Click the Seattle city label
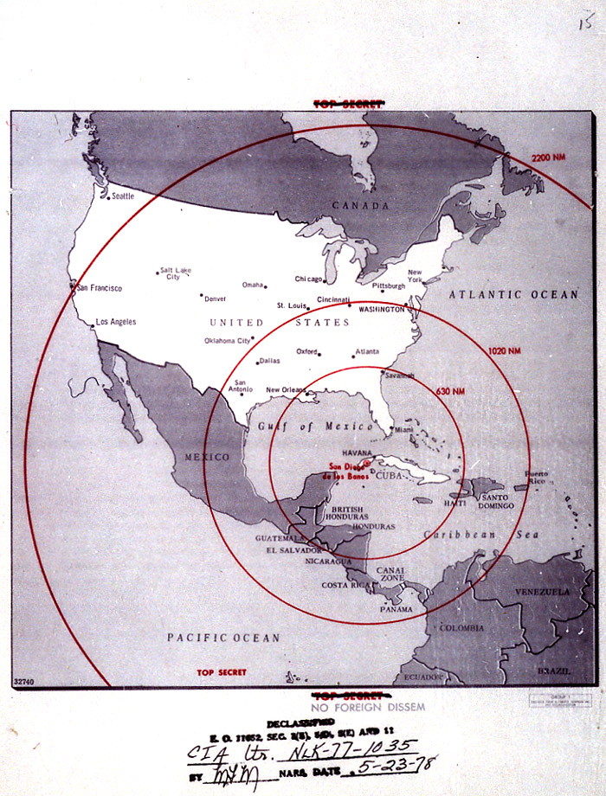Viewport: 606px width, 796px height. [123, 196]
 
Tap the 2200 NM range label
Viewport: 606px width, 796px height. [549, 157]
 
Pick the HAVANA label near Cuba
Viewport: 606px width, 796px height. [357, 453]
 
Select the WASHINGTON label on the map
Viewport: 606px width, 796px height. [381, 309]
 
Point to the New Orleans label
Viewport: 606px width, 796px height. [287, 389]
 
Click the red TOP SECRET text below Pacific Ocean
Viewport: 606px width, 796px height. [221, 672]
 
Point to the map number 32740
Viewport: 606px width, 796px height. [25, 682]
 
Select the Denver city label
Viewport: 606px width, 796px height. [215, 298]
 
